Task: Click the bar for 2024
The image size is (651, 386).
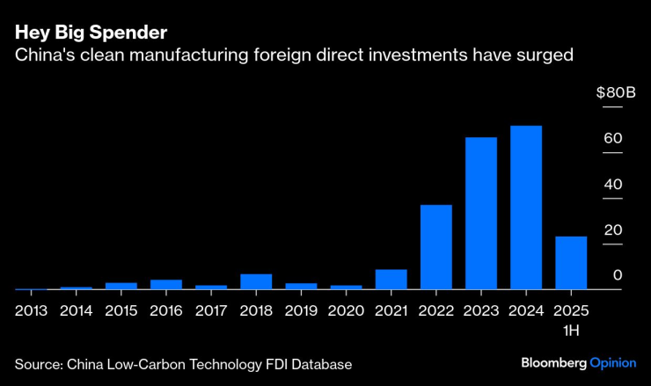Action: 526,208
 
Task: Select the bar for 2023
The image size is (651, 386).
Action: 481,213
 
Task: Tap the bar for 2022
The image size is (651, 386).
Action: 436,246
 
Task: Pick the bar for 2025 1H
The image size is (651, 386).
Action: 571,262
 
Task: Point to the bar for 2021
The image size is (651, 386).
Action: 391,279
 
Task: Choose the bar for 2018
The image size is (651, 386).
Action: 256,281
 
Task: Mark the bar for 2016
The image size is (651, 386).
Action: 166,284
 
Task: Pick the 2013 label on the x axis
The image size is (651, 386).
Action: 31,310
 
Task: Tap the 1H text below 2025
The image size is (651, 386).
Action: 571,330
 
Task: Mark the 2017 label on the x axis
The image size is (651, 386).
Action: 211,310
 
